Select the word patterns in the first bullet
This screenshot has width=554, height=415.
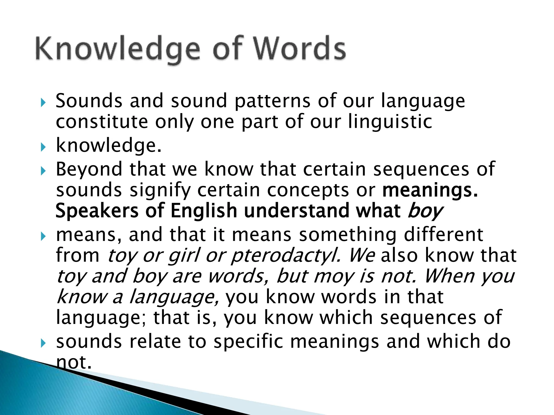click(272, 101)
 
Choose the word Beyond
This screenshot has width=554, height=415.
click(89, 170)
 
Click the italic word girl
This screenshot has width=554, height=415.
click(184, 255)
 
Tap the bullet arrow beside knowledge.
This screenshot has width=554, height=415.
click(43, 147)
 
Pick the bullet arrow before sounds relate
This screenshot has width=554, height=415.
click(43, 343)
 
